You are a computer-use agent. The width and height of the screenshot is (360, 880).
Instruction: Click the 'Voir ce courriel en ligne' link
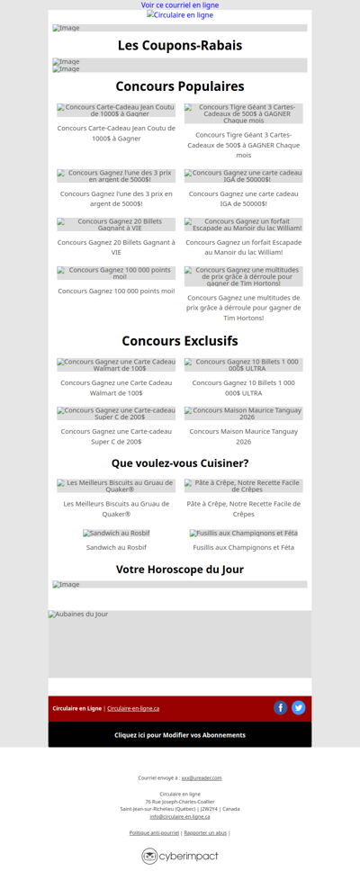coord(180,5)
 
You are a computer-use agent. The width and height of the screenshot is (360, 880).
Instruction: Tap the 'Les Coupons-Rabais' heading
coord(180,46)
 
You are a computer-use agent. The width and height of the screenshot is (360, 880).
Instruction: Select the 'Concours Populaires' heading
coord(180,86)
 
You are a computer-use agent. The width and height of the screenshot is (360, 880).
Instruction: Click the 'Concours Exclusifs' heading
coord(180,341)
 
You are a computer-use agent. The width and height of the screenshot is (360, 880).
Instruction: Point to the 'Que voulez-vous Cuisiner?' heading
coord(180,463)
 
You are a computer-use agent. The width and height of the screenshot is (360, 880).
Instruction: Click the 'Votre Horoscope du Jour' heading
coord(180,570)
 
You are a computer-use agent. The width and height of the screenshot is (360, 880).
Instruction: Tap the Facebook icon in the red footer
coord(281,708)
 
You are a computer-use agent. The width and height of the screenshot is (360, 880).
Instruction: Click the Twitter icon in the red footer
coord(299,708)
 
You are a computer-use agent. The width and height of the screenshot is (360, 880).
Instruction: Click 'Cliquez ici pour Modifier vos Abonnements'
coord(180,735)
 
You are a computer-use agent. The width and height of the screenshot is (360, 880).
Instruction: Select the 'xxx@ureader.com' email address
coord(202,777)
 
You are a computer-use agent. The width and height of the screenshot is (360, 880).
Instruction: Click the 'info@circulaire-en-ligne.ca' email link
coord(180,816)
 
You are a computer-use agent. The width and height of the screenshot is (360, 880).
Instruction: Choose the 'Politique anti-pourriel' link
coord(154,833)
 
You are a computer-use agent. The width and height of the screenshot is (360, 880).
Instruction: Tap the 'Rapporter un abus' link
coord(205,833)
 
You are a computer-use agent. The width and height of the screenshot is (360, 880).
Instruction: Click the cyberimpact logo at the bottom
coord(180,856)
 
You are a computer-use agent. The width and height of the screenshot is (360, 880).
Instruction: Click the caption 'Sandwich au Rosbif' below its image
coord(116,547)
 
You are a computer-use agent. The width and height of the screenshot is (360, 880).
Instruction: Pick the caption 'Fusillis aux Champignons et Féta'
coord(243,547)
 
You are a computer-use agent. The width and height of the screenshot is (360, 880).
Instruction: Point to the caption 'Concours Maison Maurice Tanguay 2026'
coord(243,436)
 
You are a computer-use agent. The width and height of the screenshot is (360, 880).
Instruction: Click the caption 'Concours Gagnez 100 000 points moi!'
coord(116,291)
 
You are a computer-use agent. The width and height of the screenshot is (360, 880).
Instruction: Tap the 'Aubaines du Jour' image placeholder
coord(180,643)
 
